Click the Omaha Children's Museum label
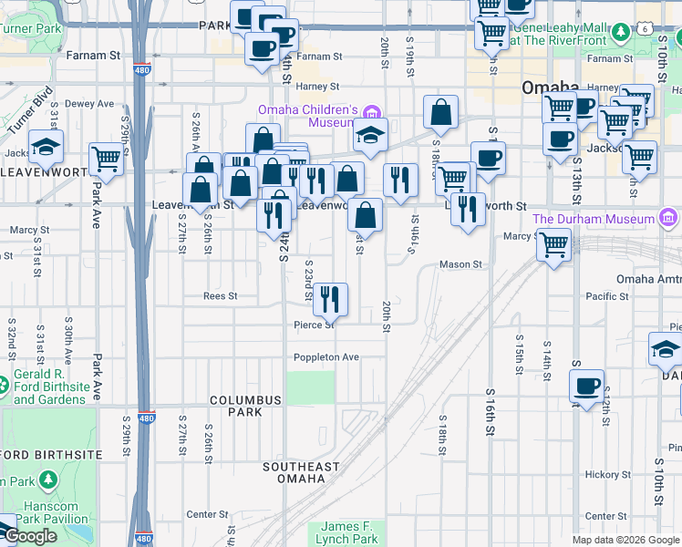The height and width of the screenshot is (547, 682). point(305,116)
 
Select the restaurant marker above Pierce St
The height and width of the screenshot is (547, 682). point(330,298)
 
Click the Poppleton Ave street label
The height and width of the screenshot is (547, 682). point(326,356)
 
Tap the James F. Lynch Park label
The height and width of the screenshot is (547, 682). point(348,532)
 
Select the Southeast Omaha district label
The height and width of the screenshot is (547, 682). point(300,472)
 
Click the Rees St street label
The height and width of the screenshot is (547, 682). point(220,296)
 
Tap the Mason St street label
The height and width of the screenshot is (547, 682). point(460,264)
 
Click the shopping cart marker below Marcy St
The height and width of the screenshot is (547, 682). point(553,245)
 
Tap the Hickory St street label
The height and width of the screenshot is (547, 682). point(602,474)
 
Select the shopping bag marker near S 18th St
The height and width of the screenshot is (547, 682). point(440,113)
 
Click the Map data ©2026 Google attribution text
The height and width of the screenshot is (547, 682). point(625,540)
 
